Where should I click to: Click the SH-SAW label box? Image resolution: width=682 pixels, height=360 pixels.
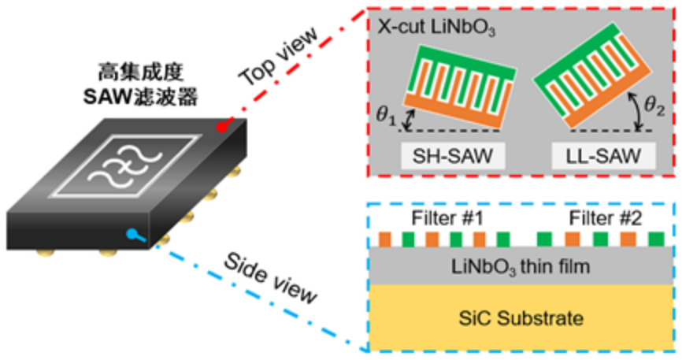(453, 156)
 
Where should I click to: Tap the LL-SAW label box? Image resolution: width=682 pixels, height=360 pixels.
(603, 156)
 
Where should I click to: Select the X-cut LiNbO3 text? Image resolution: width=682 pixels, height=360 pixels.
(436, 28)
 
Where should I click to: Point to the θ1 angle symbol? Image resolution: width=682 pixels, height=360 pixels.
(386, 117)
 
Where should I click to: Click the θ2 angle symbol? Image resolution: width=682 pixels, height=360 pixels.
(654, 106)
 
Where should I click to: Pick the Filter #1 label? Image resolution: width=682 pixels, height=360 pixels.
(447, 218)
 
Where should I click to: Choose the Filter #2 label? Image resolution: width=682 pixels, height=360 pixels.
(606, 218)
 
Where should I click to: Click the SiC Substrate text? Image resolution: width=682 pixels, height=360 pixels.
(521, 318)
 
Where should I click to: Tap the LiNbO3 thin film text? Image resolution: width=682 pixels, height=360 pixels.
(521, 266)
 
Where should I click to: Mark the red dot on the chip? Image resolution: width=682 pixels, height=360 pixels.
(222, 127)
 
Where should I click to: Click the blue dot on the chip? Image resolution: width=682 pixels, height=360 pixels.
(132, 234)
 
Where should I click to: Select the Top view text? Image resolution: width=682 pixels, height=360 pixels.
(280, 57)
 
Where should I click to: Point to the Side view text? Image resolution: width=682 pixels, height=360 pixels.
(270, 278)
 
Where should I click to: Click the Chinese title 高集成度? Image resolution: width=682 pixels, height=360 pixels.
(140, 72)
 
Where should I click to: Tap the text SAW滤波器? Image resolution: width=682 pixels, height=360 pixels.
(140, 97)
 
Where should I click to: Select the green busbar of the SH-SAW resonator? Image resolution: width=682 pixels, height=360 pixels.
(467, 62)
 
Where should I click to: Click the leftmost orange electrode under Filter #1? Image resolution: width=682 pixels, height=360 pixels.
(385, 239)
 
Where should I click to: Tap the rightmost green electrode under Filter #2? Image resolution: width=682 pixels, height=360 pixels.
(656, 239)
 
